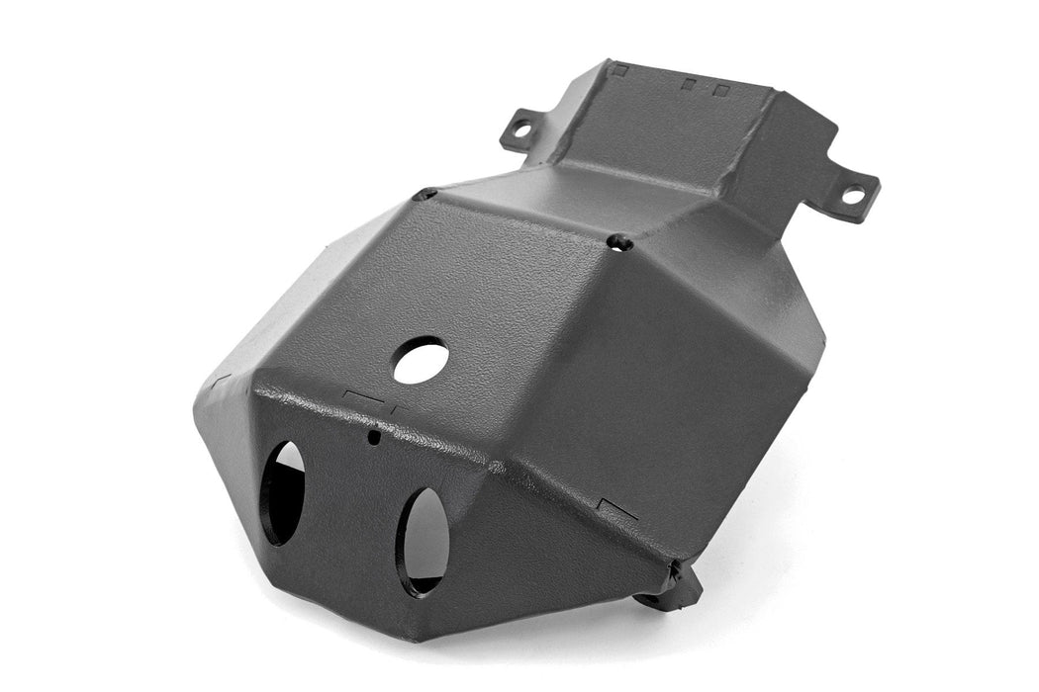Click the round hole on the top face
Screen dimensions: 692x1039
point(421,361)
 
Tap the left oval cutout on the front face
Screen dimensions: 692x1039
point(282,492)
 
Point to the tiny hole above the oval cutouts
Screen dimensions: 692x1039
point(372,436)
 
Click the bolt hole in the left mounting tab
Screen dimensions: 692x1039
point(521,128)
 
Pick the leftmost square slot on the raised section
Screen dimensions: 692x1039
point(620,70)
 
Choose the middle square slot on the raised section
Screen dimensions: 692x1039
point(688,84)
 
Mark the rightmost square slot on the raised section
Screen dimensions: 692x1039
point(722,90)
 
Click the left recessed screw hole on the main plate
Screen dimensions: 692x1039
point(425,195)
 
